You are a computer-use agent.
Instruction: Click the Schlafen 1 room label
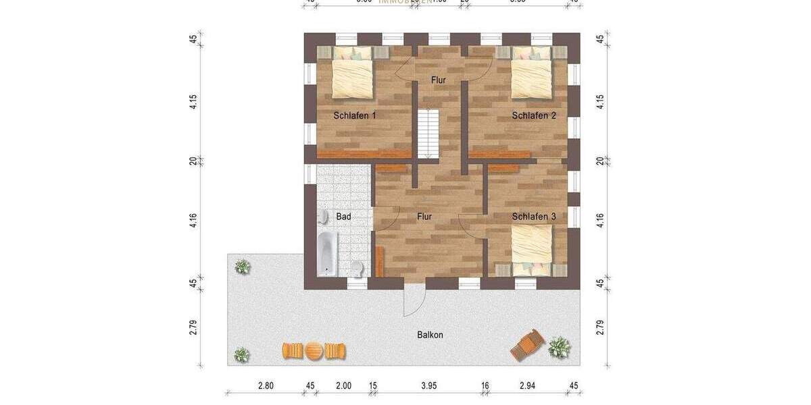[x=355, y=115]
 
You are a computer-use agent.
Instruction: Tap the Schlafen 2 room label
[x=534, y=115]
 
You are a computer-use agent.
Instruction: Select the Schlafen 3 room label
[x=534, y=217]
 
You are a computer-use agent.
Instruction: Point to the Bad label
[x=343, y=217]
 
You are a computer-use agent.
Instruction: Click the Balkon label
[x=430, y=335]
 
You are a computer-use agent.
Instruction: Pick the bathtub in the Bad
[x=327, y=252]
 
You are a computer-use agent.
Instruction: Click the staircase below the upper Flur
[x=428, y=134]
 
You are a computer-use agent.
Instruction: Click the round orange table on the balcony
[x=314, y=351]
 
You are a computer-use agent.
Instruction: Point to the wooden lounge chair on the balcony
[x=528, y=345]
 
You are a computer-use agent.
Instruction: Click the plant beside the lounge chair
[x=558, y=347]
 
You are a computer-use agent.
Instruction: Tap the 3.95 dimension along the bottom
[x=429, y=386]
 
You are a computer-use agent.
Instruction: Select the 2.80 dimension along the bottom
[x=266, y=386]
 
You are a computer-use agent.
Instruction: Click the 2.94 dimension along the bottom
[x=527, y=386]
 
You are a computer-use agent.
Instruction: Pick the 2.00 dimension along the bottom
[x=343, y=386]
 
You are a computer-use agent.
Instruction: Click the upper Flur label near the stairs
[x=439, y=80]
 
